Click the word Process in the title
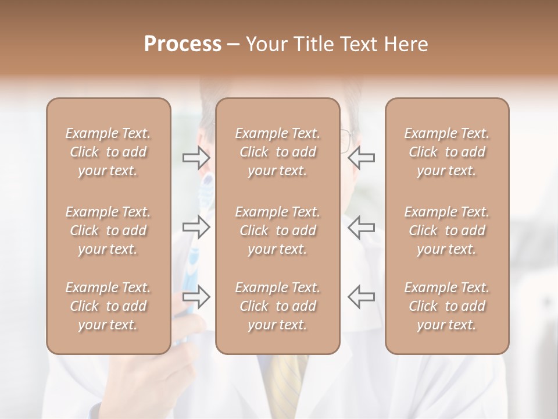(183, 44)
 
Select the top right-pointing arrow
(196, 157)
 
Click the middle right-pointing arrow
(196, 227)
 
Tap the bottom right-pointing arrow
(196, 297)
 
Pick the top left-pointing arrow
(361, 157)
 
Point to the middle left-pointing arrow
(361, 227)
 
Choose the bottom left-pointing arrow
(361, 297)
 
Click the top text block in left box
(108, 152)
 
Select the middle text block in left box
(108, 230)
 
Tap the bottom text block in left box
(108, 306)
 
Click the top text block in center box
(278, 152)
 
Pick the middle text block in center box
(278, 230)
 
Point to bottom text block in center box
(278, 306)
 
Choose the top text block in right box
(447, 152)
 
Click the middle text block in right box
(447, 230)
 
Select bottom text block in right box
(447, 306)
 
